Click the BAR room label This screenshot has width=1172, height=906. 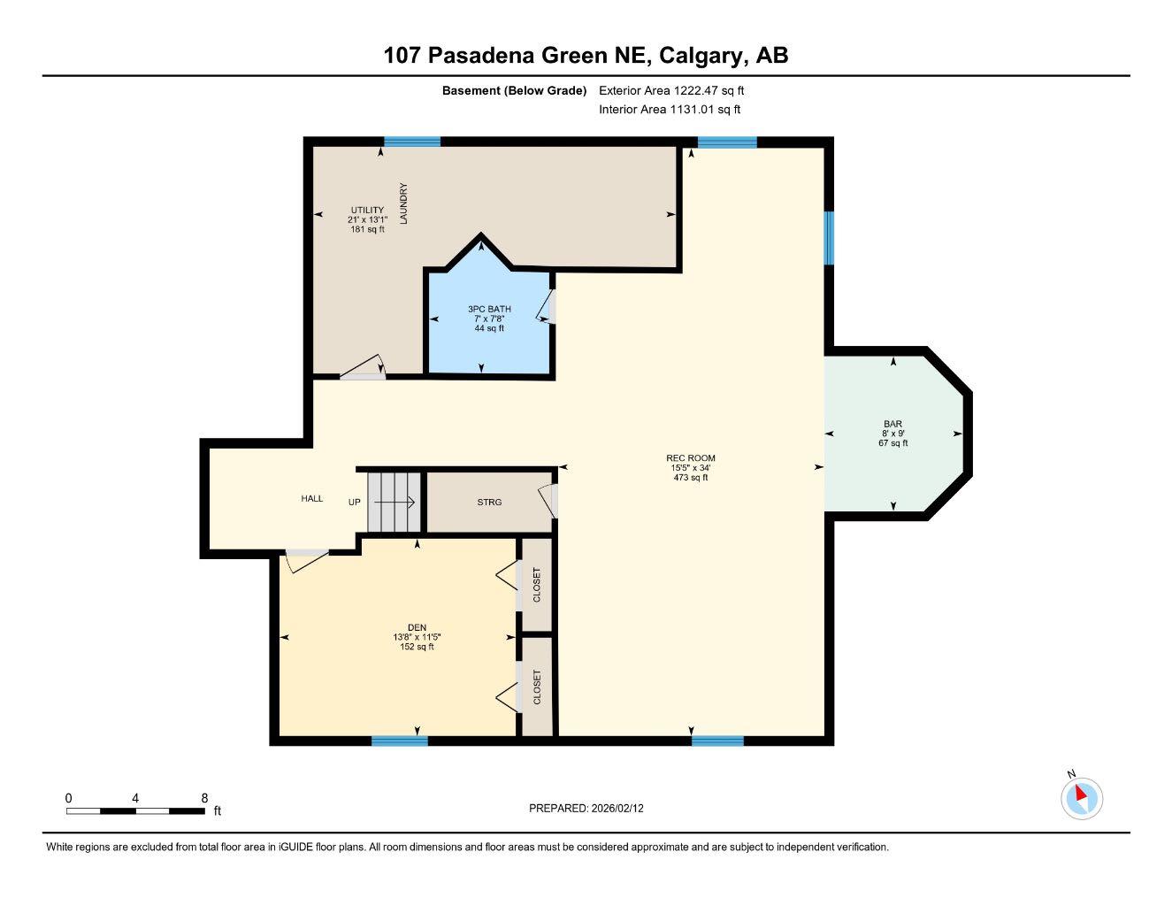click(892, 424)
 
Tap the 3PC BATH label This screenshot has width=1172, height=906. click(489, 309)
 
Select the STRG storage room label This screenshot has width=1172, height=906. click(489, 502)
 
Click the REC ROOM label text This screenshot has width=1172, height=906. click(690, 457)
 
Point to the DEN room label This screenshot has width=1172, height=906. click(416, 627)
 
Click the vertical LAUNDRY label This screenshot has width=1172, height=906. click(403, 203)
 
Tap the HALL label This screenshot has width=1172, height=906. click(311, 498)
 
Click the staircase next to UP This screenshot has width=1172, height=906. click(394, 502)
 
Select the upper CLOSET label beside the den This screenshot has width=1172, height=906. click(536, 585)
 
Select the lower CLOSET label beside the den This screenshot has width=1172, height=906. click(536, 687)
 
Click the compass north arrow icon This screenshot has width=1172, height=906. click(1081, 797)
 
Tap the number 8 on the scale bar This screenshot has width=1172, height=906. click(204, 798)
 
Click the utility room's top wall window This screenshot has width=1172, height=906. click(411, 142)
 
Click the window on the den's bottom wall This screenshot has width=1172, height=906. click(399, 741)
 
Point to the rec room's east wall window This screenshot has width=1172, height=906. click(829, 237)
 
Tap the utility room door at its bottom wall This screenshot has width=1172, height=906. click(364, 371)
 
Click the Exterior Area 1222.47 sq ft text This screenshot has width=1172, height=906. click(671, 90)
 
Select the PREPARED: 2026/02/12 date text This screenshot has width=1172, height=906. click(592, 808)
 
